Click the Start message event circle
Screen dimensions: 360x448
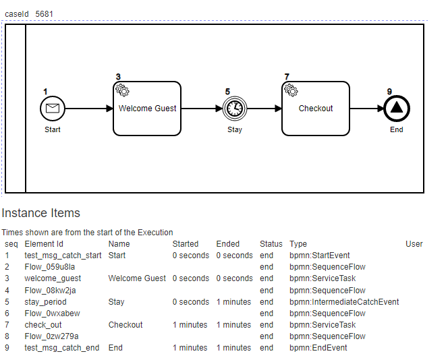[x=53, y=108]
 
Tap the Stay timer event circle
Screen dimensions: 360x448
[x=235, y=108]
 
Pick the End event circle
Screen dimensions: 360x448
[x=397, y=108]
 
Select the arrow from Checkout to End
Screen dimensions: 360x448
[x=366, y=108]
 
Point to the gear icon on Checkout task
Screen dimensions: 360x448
[x=291, y=90]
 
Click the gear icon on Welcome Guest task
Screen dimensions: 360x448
[x=122, y=90]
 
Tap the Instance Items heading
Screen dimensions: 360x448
[x=40, y=213]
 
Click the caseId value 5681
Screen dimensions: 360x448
[x=44, y=13]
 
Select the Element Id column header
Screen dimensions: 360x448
[x=44, y=244]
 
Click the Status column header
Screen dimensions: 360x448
[x=271, y=244]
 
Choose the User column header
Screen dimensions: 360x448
[x=414, y=244]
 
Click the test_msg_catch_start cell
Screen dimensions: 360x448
[x=63, y=256]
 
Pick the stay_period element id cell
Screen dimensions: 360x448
[x=45, y=302]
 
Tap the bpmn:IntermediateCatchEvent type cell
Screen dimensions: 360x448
[x=344, y=302]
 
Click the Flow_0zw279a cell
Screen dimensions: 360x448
[x=51, y=336]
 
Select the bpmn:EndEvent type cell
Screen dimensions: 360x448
[x=318, y=348]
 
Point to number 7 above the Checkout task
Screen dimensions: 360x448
[x=287, y=76]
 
